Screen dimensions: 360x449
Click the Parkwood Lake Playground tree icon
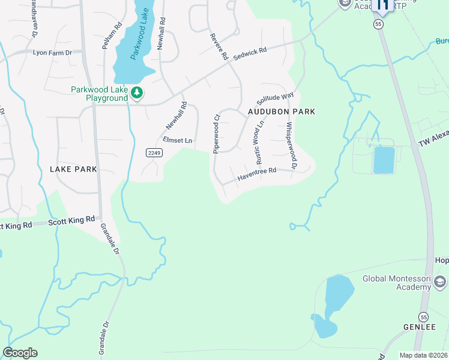click(137, 92)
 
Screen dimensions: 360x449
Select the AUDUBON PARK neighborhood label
click(282, 112)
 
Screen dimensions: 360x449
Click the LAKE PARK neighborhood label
click(73, 169)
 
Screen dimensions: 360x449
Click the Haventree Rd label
click(256, 174)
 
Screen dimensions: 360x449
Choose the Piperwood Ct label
click(217, 131)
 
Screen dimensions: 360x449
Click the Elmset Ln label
click(178, 141)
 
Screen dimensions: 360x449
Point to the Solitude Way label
click(276, 98)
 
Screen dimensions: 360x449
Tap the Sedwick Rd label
click(250, 53)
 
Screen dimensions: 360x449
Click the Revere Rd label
click(219, 47)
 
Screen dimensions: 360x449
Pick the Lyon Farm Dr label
click(52, 53)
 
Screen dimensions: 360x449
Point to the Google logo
click(20, 353)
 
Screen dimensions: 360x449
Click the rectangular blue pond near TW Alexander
click(384, 159)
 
